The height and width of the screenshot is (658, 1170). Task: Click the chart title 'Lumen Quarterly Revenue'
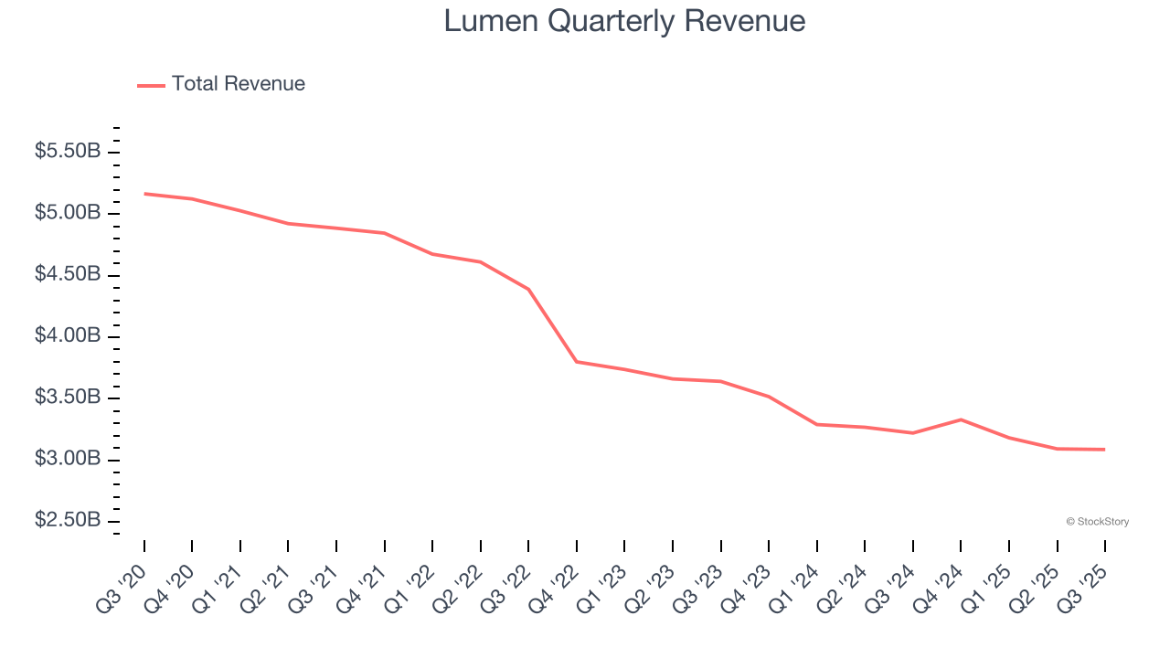[x=624, y=20]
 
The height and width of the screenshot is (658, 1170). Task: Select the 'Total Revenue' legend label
[x=238, y=84]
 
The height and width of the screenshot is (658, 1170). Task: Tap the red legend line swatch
[x=151, y=85]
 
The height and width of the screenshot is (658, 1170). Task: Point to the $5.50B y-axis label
[x=68, y=151]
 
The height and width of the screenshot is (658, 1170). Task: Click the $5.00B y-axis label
[x=68, y=213]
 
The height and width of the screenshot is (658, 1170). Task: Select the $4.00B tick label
[x=68, y=335]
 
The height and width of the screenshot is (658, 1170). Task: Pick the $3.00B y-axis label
[x=68, y=458]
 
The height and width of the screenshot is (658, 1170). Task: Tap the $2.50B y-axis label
[x=68, y=520]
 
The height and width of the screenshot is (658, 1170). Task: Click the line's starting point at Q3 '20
[x=144, y=194]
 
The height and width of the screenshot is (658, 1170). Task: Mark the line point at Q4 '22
[x=577, y=362]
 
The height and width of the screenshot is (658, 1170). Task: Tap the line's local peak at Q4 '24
[x=961, y=419]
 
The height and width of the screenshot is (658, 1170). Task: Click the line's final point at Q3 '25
[x=1104, y=450]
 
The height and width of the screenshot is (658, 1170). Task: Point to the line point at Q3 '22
[x=528, y=289]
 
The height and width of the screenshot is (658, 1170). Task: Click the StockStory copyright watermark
[x=1097, y=522]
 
